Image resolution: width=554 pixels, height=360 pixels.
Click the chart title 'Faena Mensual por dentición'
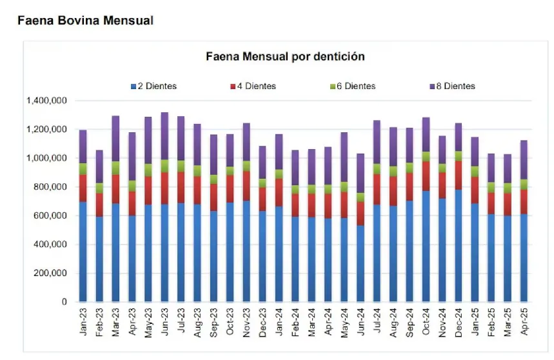(x=284, y=57)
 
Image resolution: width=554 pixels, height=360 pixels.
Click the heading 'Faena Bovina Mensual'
(x=85, y=21)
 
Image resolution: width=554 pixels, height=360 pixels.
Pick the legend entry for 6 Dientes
(x=351, y=86)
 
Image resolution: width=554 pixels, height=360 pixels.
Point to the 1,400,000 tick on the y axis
(x=46, y=101)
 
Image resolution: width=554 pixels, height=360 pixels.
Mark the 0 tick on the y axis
(x=64, y=302)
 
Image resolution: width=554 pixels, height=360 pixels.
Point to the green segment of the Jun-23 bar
(x=165, y=166)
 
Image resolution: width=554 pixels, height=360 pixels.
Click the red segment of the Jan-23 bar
(x=83, y=188)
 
